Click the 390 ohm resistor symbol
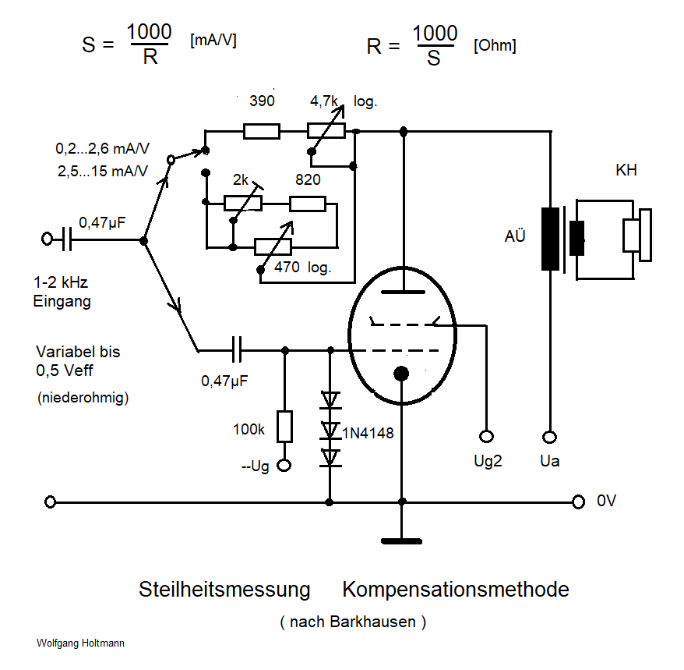tap(262, 130)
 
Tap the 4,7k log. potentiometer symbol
tap(326, 130)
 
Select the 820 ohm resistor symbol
tap(308, 204)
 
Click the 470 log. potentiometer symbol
tap(273, 247)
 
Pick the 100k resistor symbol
tap(285, 427)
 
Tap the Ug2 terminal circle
tap(487, 437)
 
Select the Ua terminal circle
tap(549, 437)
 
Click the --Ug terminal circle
tap(285, 466)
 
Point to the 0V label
tap(607, 502)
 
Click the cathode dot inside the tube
tap(401, 374)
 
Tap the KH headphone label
tap(626, 170)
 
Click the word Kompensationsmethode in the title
tap(455, 589)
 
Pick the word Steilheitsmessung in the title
tap(224, 589)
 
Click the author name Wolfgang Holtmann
tap(80, 643)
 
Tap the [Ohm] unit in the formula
tap(494, 46)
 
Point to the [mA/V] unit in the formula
tap(213, 41)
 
